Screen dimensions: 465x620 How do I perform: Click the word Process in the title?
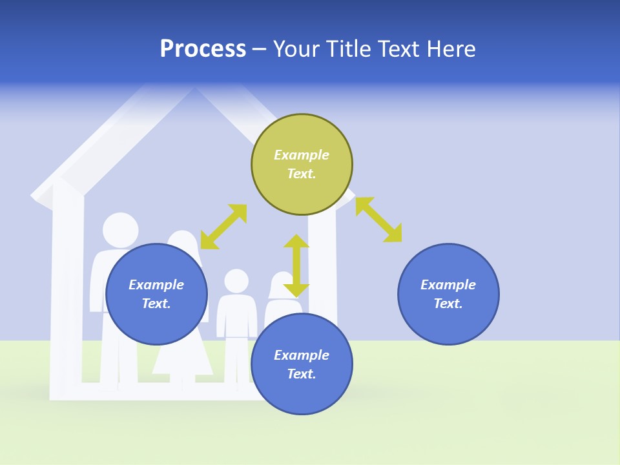pos(203,49)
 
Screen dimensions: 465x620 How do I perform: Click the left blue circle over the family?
pos(156,294)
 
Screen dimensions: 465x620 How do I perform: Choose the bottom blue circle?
pos(302,364)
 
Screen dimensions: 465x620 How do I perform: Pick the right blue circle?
pos(448,294)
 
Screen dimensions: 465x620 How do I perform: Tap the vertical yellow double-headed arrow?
pos(296,265)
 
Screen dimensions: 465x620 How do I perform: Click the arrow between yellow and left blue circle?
pos(223,227)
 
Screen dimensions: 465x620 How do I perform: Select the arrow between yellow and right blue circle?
pos(378,220)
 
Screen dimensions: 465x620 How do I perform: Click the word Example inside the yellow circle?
pos(302,155)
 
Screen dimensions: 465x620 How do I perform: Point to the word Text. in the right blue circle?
pos(448,304)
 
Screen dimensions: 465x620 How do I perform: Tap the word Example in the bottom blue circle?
pos(302,355)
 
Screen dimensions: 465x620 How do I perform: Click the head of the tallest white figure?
pos(121,230)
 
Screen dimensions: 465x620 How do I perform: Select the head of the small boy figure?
pos(236,280)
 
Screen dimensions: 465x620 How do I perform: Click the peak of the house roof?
pos(194,90)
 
